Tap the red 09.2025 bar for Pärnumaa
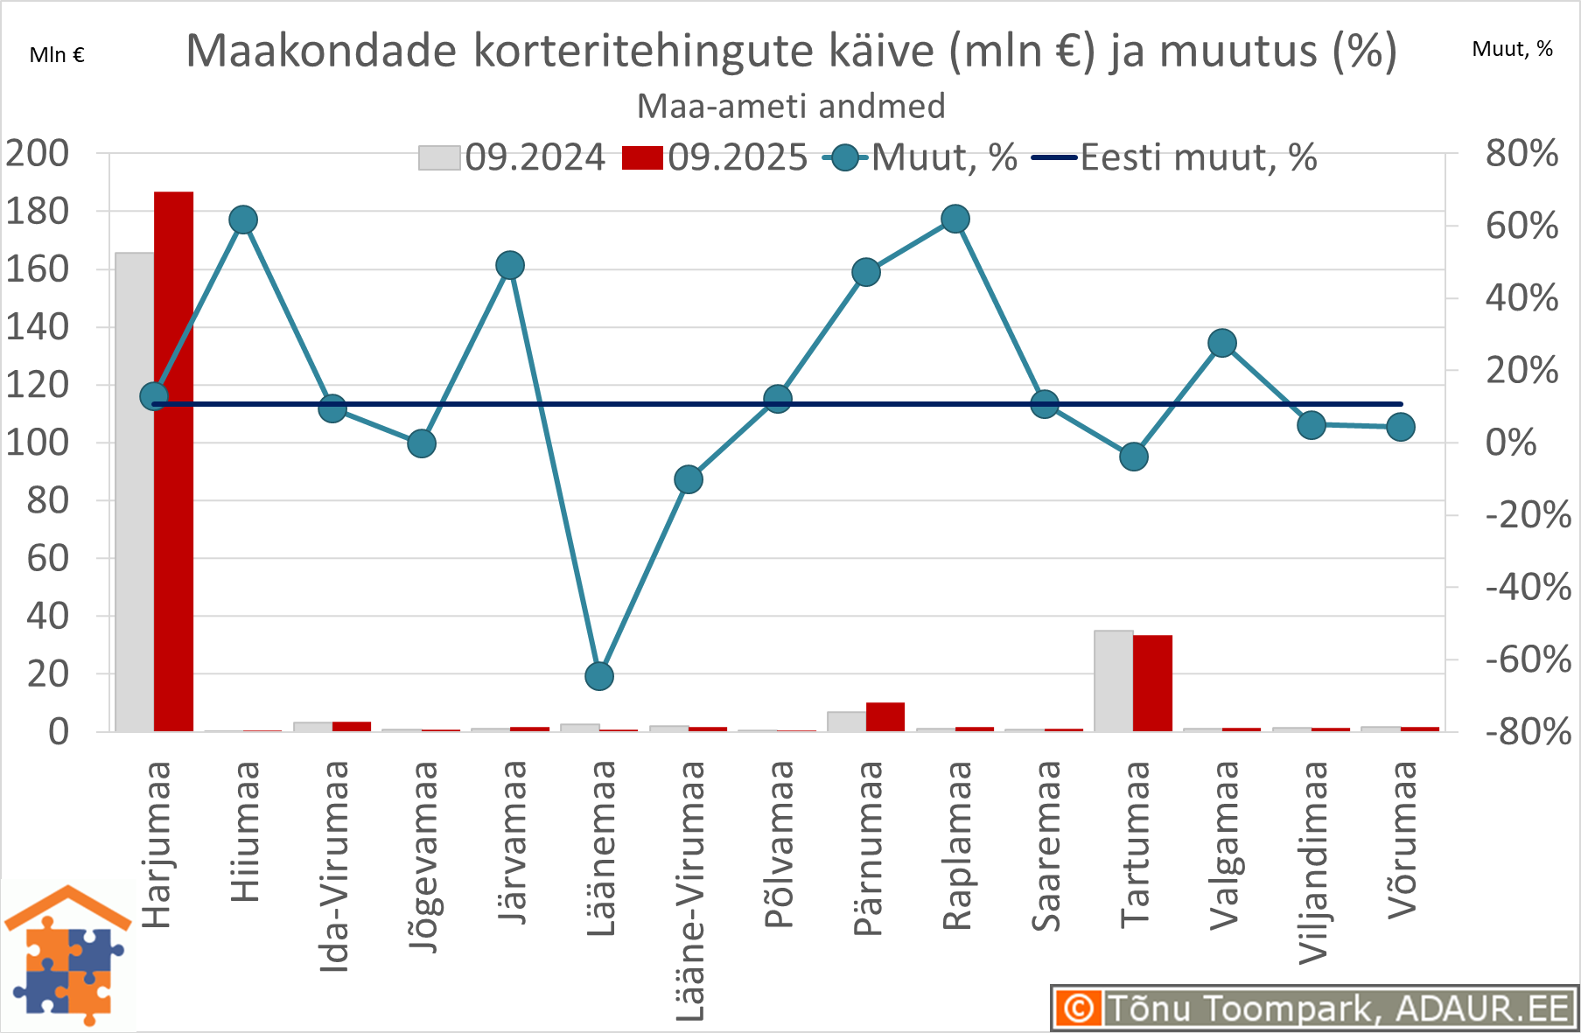coord(885,716)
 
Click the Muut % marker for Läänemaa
coord(599,676)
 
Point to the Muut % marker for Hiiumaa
coord(243,220)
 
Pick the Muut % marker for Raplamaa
coord(955,220)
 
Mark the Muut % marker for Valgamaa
coord(1222,344)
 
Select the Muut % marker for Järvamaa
coord(510,266)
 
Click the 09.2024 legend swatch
coord(439,158)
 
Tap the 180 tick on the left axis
coord(37,211)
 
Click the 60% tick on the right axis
coord(1521,226)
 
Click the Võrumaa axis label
coord(1402,840)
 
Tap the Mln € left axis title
coord(57,55)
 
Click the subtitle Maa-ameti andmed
coord(791,107)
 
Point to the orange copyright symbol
coord(1079,1009)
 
